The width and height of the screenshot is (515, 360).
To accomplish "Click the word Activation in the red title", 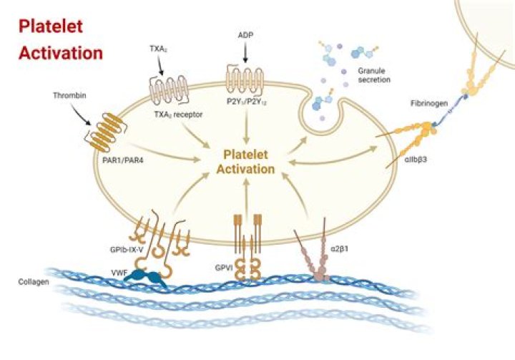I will point(60,52).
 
